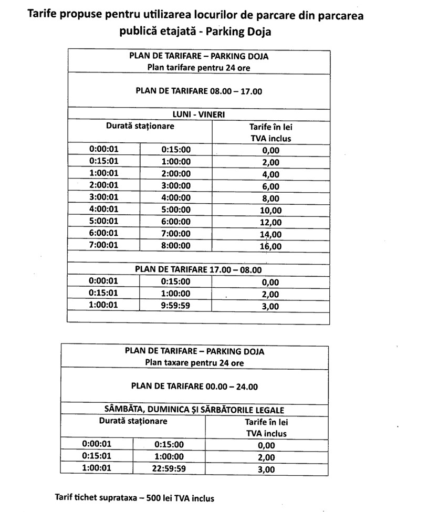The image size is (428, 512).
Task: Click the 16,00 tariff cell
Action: click(270, 246)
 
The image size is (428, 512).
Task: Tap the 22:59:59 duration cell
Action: click(169, 469)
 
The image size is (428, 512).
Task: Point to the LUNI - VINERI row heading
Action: click(199, 114)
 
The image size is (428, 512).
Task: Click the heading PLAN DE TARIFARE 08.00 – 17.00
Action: click(199, 91)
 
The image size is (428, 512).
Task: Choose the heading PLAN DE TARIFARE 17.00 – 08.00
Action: click(198, 269)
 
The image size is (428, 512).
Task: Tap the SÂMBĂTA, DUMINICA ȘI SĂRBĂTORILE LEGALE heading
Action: click(194, 410)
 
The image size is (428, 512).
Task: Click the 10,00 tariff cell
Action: click(270, 211)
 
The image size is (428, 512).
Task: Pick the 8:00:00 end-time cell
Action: click(176, 245)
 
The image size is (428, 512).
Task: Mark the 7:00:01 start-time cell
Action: click(104, 245)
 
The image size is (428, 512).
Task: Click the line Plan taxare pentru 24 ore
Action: click(194, 362)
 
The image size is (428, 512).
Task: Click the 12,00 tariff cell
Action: click(270, 223)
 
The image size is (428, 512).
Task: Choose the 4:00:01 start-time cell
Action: click(104, 209)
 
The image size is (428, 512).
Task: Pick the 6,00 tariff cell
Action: click(270, 186)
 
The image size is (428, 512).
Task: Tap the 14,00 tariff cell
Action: click(270, 235)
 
